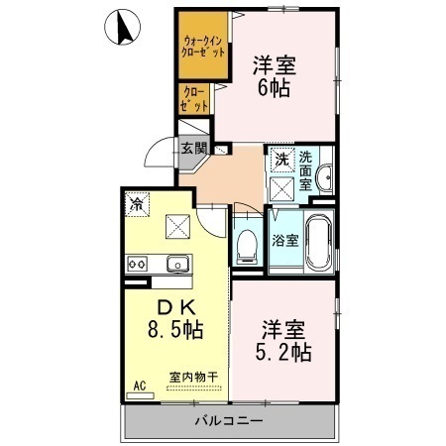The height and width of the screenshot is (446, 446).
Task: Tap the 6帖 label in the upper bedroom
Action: pos(275,86)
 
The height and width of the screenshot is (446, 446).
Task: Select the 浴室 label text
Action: pos(283,239)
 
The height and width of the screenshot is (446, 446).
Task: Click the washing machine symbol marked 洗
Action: pos(283,159)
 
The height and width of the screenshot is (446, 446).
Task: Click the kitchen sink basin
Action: pos(177,264)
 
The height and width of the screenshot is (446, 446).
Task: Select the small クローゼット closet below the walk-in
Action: pos(194,98)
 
